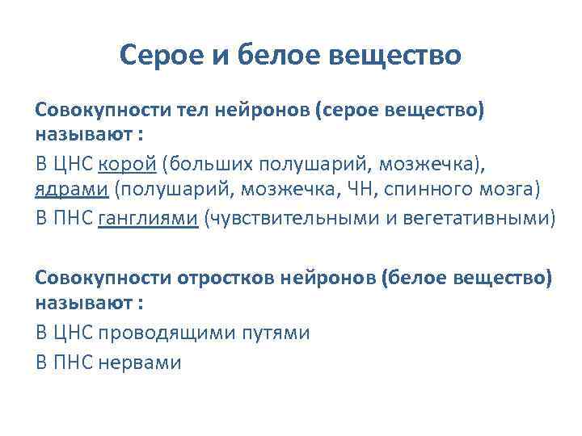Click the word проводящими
[x=172, y=332]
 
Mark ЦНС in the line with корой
[x=74, y=165]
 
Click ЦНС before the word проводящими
[x=74, y=332]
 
